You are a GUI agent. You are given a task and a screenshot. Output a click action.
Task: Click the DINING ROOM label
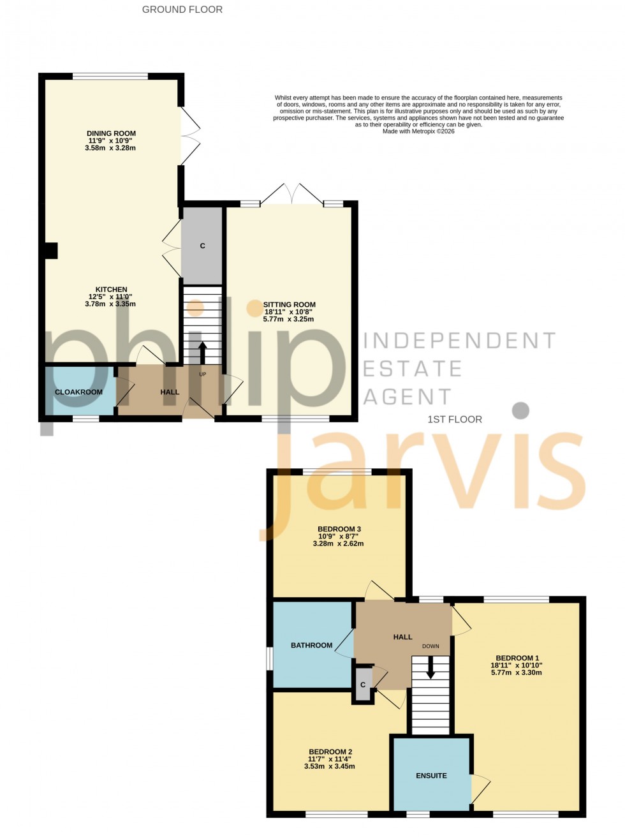[111, 133]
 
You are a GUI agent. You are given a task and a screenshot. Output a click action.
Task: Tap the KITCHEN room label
[111, 290]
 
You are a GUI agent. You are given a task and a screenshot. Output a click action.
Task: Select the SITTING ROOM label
[289, 305]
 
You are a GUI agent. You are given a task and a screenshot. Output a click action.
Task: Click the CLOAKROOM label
[78, 392]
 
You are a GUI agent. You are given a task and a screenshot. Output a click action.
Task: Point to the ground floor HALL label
[170, 392]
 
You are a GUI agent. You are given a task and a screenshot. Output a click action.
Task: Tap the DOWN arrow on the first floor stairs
[430, 669]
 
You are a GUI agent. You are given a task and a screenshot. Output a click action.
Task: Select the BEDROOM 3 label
[339, 529]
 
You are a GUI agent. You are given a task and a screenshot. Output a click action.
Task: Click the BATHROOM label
[311, 646]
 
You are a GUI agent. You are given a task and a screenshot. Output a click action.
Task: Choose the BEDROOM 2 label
[330, 752]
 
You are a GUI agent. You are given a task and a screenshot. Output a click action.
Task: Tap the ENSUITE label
[431, 776]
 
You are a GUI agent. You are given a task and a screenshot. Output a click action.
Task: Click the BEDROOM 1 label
[517, 658]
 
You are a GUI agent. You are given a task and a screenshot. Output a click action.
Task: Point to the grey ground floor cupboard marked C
[202, 246]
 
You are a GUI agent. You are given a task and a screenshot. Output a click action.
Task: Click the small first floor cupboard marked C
[363, 685]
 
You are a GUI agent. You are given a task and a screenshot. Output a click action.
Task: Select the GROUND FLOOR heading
[182, 10]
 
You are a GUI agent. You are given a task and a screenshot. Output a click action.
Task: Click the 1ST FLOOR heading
[455, 419]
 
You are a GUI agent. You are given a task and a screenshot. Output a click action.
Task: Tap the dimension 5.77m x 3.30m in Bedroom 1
[516, 672]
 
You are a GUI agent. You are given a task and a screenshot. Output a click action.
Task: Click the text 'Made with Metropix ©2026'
[418, 131]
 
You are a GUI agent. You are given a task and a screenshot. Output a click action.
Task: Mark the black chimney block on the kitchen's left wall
[51, 251]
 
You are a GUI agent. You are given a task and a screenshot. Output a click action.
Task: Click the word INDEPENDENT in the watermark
[459, 341]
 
